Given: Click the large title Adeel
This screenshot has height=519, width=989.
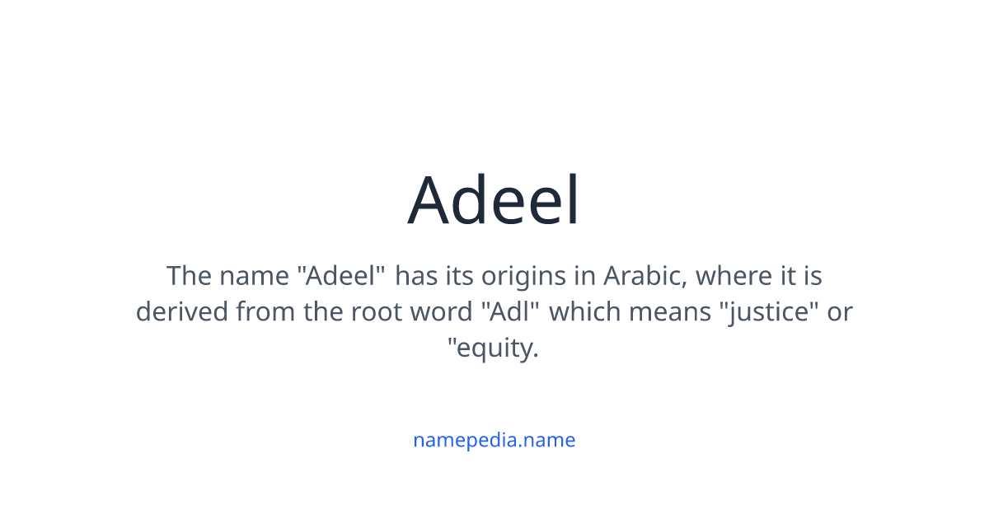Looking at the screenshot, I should [x=494, y=200].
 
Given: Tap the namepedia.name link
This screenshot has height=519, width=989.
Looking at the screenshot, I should [x=494, y=440].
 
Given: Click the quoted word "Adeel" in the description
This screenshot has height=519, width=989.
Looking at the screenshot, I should [x=341, y=275].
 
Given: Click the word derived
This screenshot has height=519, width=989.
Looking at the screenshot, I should [x=182, y=312].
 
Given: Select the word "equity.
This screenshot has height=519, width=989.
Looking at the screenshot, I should [x=493, y=348].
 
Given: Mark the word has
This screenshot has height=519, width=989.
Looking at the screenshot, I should [x=416, y=275].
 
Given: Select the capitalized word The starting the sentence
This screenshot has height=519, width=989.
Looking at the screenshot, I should [x=190, y=275].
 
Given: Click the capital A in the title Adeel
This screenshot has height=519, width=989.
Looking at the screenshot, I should [x=433, y=200].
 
